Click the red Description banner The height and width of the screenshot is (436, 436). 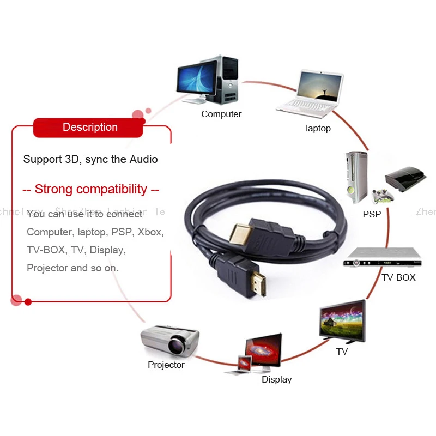click(x=90, y=128)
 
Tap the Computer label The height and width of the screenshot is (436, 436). click(x=221, y=114)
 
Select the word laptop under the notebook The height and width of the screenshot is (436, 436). click(x=318, y=129)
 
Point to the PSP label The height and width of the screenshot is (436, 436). click(x=372, y=214)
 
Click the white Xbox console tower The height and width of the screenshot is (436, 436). click(x=355, y=174)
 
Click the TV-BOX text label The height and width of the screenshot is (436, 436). click(x=398, y=277)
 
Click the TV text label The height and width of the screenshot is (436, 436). click(x=342, y=352)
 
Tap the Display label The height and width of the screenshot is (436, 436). click(x=277, y=379)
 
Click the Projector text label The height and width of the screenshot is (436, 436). click(x=166, y=365)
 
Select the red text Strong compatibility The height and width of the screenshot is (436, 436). click(x=91, y=190)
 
